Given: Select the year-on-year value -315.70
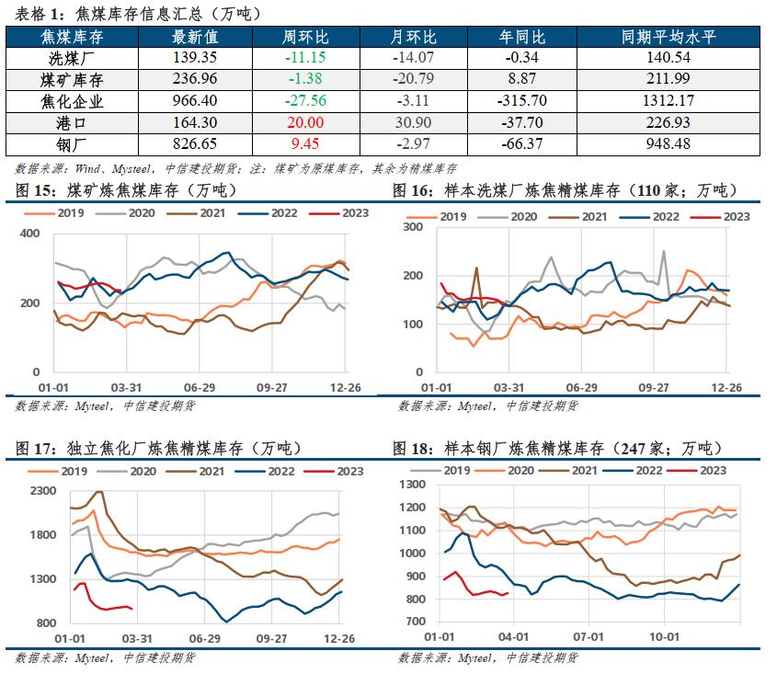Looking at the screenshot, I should pos(521,102).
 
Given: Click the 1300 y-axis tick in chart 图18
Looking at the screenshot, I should pos(409,485).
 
